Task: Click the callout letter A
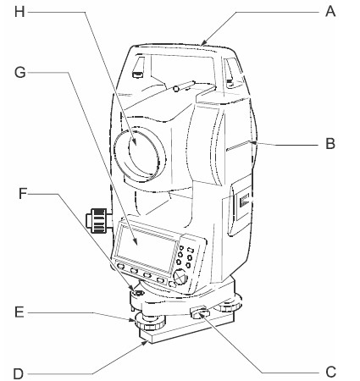(x=330, y=12)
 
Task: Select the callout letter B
(x=330, y=143)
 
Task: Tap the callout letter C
(x=330, y=372)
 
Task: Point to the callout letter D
(x=19, y=374)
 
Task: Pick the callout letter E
(x=19, y=312)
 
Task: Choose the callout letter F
(x=23, y=194)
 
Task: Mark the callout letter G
(x=20, y=73)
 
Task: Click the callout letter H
(x=19, y=12)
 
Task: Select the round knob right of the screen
(x=180, y=277)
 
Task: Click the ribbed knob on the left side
(x=97, y=221)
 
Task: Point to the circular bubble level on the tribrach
(x=138, y=292)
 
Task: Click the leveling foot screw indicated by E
(x=150, y=323)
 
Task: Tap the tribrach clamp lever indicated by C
(x=200, y=312)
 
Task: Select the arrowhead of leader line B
(x=254, y=143)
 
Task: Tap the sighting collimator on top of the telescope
(x=185, y=86)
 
